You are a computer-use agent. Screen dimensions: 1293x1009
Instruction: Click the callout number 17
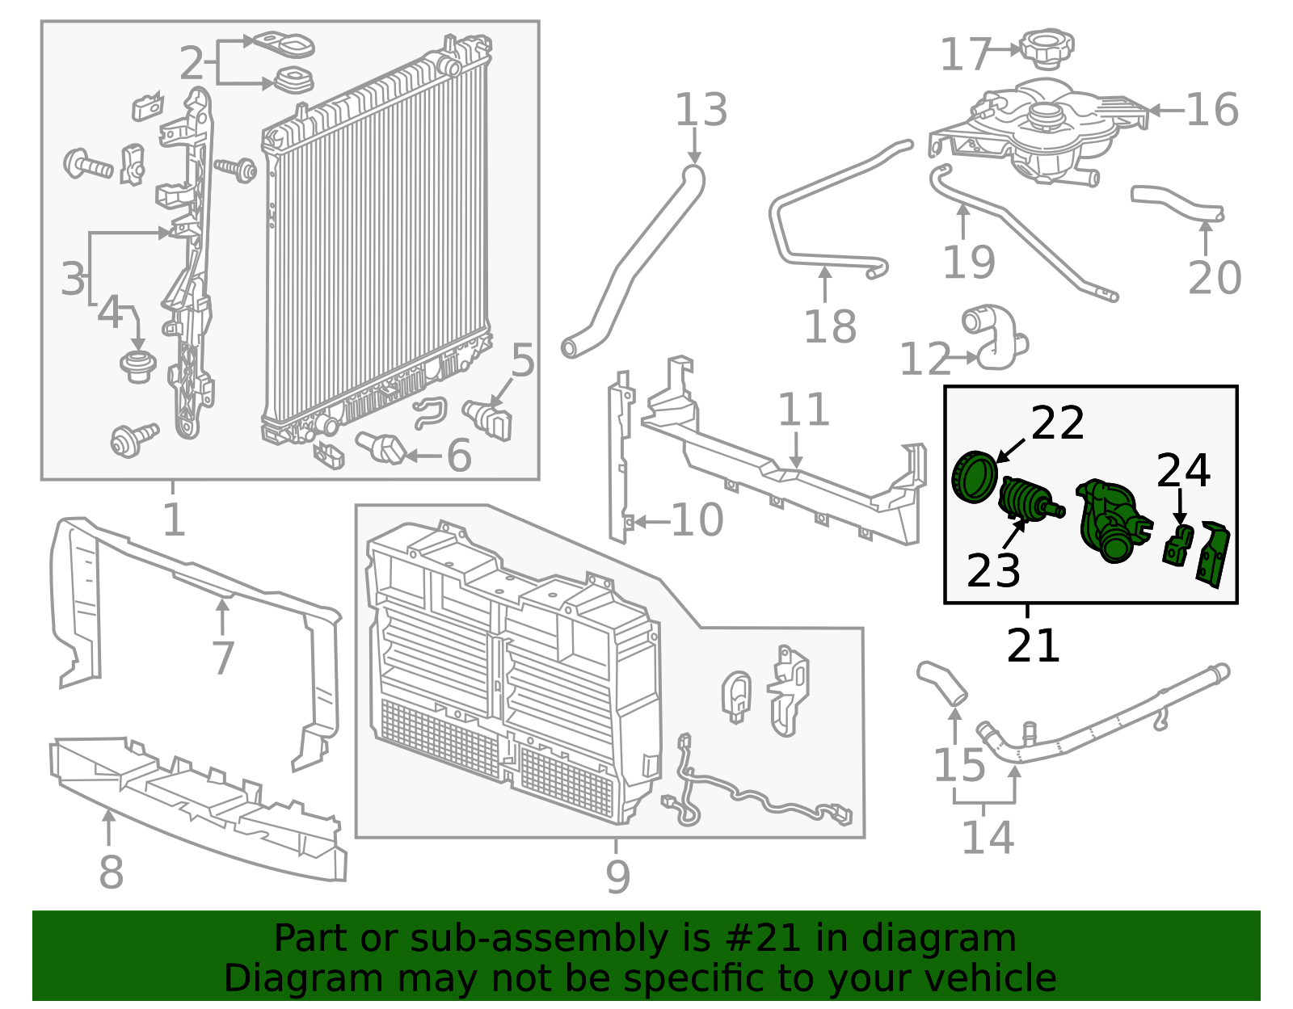pyautogui.click(x=966, y=54)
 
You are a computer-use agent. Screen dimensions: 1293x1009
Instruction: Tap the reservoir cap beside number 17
pyautogui.click(x=1047, y=48)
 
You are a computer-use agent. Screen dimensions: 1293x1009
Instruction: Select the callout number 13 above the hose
pyautogui.click(x=701, y=110)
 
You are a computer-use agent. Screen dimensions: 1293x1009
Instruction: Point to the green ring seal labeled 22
pyautogui.click(x=974, y=477)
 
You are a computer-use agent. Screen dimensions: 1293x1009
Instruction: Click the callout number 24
pyautogui.click(x=1184, y=471)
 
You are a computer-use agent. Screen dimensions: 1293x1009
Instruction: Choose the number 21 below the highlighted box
pyautogui.click(x=1033, y=645)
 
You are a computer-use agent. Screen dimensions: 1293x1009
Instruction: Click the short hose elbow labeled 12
pyautogui.click(x=994, y=337)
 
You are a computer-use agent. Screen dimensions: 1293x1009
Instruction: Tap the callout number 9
pyautogui.click(x=617, y=876)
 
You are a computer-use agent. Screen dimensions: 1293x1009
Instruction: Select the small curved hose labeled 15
pyautogui.click(x=942, y=683)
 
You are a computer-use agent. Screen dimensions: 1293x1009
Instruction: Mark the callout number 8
pyautogui.click(x=112, y=872)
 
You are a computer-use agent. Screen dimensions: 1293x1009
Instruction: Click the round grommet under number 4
pyautogui.click(x=138, y=367)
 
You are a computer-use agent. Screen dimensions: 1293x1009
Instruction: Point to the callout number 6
pyautogui.click(x=459, y=456)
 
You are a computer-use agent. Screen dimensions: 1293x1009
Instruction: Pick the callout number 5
pyautogui.click(x=522, y=360)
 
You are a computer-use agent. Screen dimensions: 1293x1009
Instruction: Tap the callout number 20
pyautogui.click(x=1215, y=278)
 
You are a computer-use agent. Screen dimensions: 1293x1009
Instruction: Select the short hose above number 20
pyautogui.click(x=1177, y=203)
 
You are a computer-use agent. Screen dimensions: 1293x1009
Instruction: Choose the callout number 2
pyautogui.click(x=192, y=63)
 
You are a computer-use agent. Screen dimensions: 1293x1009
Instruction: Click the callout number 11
pyautogui.click(x=804, y=410)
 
